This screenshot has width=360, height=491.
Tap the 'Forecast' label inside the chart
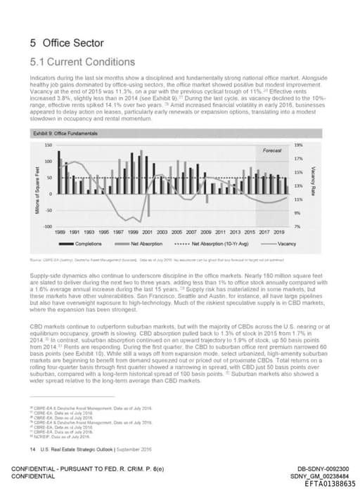(272, 150)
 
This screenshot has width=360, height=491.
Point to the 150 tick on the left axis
(49, 144)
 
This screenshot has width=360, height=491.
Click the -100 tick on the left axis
(47, 226)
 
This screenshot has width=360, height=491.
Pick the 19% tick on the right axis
(298, 144)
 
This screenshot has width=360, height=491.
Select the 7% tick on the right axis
(298, 226)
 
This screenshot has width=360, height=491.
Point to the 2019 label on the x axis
(279, 232)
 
